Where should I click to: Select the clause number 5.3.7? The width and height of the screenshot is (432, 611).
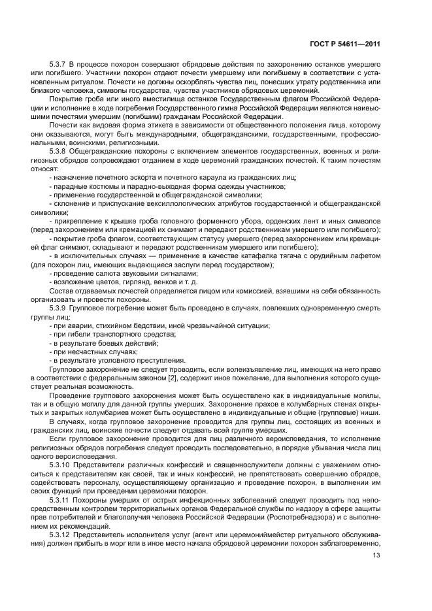coord(58,68)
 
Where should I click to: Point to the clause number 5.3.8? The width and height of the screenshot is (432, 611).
coord(58,151)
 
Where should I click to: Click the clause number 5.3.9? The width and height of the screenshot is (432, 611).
coord(58,307)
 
